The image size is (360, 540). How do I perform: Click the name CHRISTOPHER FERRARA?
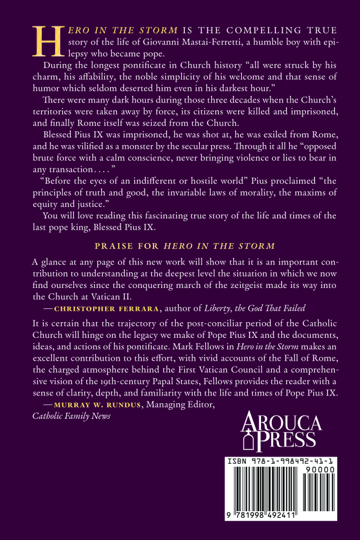[x=95, y=308]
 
